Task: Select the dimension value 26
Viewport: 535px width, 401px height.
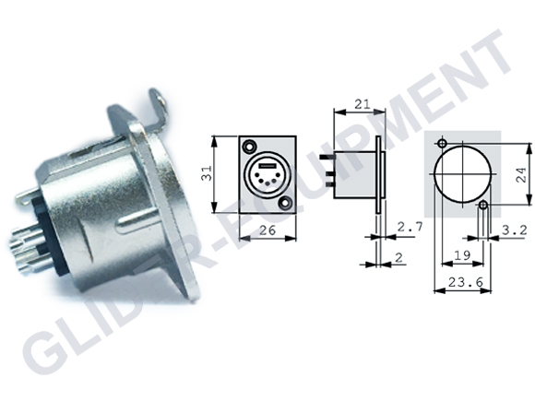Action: point(267,230)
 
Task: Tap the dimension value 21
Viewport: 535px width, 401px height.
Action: point(362,104)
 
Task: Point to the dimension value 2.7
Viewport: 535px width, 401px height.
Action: point(410,227)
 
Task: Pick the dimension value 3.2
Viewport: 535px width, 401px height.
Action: point(514,230)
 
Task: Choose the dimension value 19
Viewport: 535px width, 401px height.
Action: point(463,254)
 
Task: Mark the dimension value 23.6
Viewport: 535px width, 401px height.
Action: point(466,282)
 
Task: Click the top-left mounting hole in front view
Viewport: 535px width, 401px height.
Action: point(249,147)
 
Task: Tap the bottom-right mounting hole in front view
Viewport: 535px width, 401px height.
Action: point(284,203)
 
